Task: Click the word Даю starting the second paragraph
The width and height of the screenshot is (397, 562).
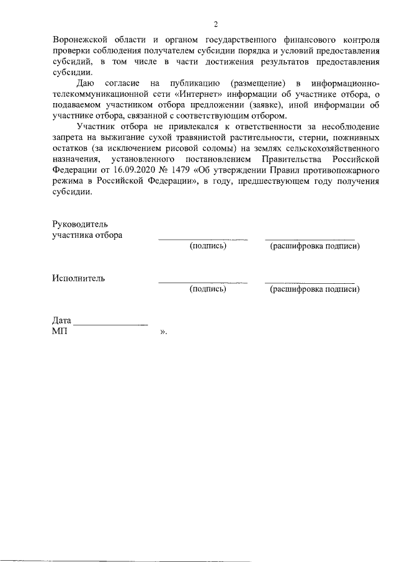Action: pos(86,83)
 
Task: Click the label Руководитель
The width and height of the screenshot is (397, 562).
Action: pos(81,224)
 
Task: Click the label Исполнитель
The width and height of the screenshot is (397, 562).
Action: pos(78,278)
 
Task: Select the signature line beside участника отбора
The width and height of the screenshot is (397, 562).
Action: pos(203,239)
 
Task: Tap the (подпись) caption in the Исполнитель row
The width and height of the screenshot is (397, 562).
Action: pos(208,289)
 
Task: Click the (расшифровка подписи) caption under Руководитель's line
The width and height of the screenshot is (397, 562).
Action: pos(315,247)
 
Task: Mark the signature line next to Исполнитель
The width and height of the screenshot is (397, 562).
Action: pos(203,283)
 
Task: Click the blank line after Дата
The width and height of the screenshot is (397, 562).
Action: pos(110,325)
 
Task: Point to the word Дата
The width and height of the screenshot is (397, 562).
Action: pos(62,321)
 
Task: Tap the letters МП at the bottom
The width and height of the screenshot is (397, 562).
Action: pos(60,332)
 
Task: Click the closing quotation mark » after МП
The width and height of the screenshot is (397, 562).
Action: pos(163,332)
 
